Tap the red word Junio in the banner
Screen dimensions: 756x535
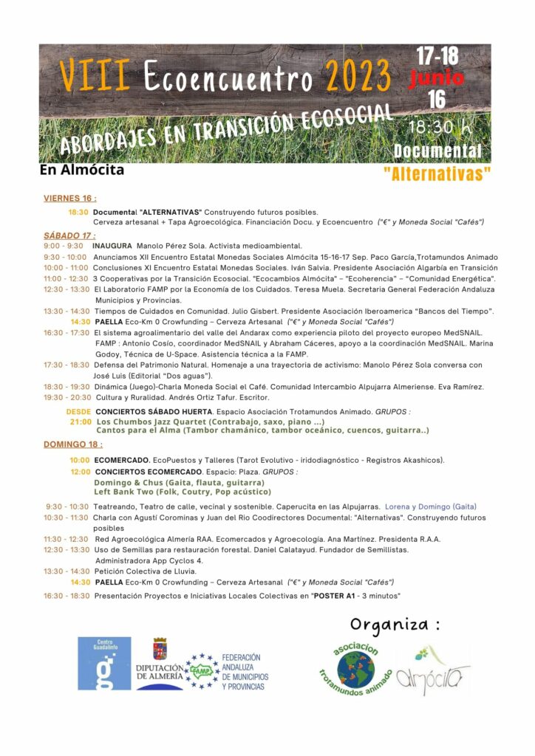click(x=437, y=78)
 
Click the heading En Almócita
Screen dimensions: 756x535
click(x=82, y=171)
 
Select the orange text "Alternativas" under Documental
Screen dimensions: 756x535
click(x=437, y=175)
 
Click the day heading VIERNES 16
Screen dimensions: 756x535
click(x=69, y=199)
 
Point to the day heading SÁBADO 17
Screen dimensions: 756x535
click(x=69, y=236)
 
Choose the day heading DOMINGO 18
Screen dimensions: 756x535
click(x=72, y=444)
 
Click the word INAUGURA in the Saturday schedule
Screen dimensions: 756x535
click(x=112, y=246)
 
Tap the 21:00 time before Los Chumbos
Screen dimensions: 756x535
click(x=81, y=422)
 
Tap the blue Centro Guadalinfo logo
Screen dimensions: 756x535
click(x=104, y=663)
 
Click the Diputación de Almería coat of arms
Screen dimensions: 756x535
click(x=159, y=648)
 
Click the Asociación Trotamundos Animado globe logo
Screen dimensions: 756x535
click(x=355, y=668)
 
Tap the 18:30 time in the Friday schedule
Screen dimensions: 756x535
click(x=78, y=212)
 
